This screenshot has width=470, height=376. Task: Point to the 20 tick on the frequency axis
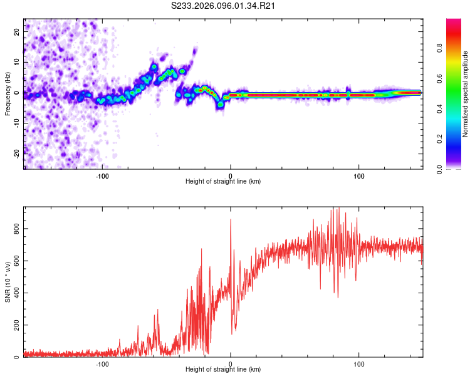click(x=16, y=31)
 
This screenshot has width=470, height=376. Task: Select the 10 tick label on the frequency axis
click(x=16, y=62)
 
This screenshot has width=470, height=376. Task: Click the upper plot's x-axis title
click(x=223, y=181)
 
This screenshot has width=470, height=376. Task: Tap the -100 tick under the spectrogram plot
click(x=102, y=176)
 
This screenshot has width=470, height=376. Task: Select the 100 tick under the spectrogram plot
click(x=359, y=176)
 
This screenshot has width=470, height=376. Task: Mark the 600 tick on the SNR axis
click(x=16, y=262)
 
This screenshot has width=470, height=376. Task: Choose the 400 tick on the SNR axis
click(x=16, y=293)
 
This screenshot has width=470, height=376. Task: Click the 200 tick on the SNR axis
click(x=16, y=325)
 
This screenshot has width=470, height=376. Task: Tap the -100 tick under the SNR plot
click(x=102, y=364)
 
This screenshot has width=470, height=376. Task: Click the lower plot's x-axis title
click(x=223, y=370)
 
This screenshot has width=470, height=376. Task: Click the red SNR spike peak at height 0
click(x=231, y=219)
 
